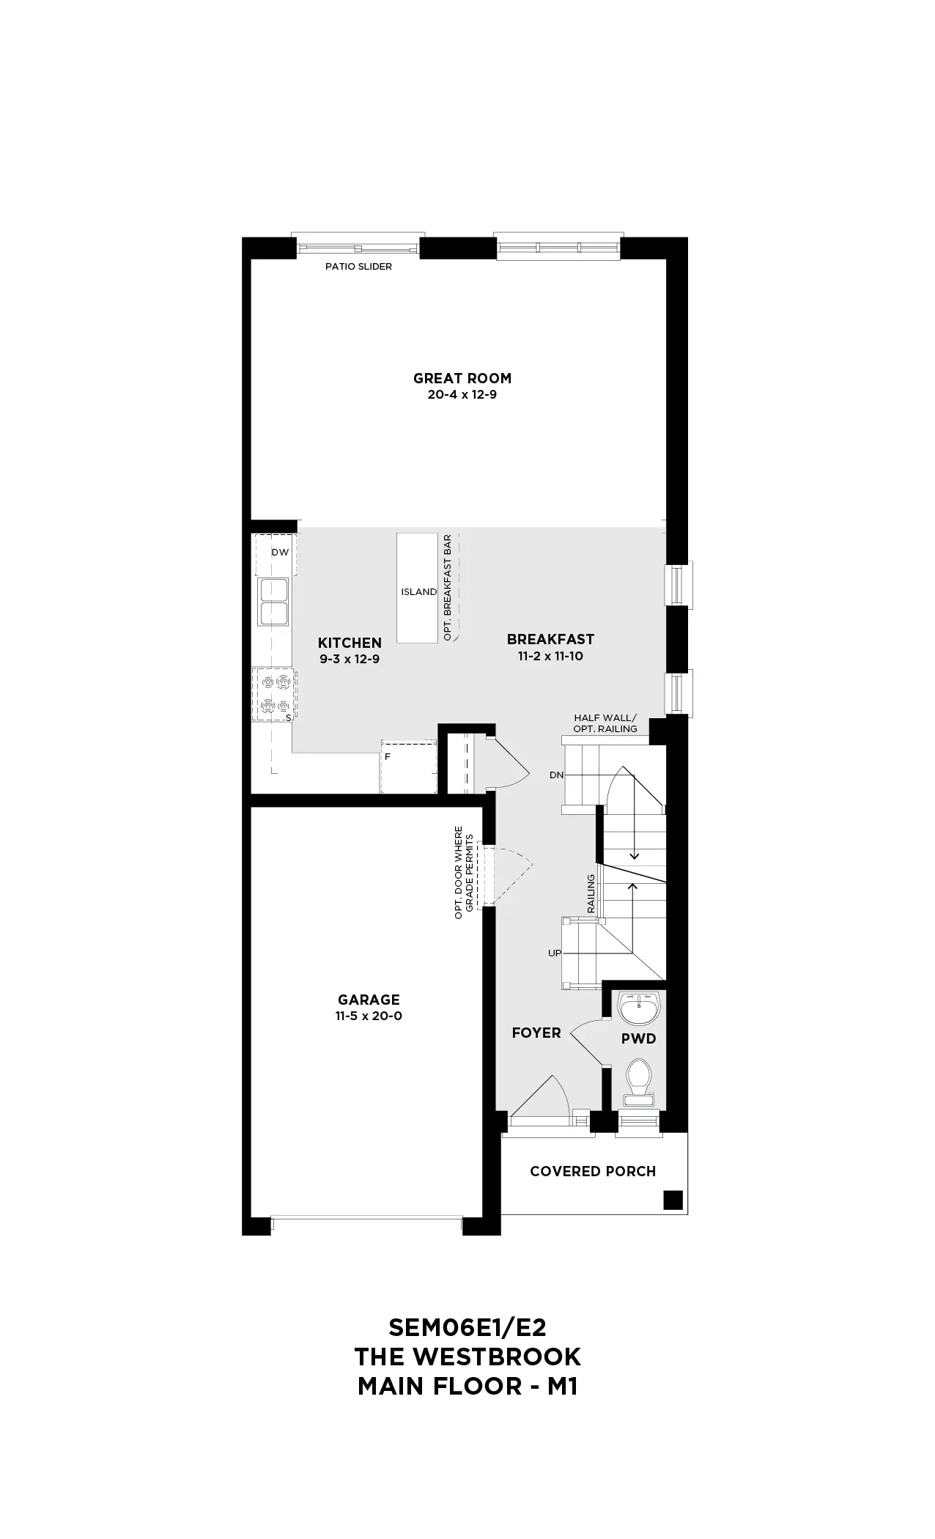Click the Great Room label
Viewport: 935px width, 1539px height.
pos(462,378)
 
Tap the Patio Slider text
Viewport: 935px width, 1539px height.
pos(358,267)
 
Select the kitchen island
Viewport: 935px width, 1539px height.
pos(418,588)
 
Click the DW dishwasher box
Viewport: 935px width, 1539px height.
pos(276,554)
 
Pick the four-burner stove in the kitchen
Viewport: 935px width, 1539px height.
pos(273,693)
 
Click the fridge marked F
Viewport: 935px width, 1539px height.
pos(408,767)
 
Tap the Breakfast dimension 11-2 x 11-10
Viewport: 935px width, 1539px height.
pos(550,656)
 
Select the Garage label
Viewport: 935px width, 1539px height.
pos(369,1000)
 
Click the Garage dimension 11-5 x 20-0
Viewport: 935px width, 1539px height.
pos(369,1016)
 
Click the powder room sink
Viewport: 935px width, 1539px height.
pos(640,1009)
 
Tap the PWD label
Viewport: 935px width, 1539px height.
pos(638,1038)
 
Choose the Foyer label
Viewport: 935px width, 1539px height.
pos(536,1033)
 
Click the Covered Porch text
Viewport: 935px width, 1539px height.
pos(593,1171)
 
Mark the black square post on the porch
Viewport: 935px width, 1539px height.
pos(673,1200)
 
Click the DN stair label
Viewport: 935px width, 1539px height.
pos(556,775)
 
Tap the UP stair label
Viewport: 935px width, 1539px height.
pos(555,953)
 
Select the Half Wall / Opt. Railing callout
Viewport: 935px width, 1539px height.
pos(605,723)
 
